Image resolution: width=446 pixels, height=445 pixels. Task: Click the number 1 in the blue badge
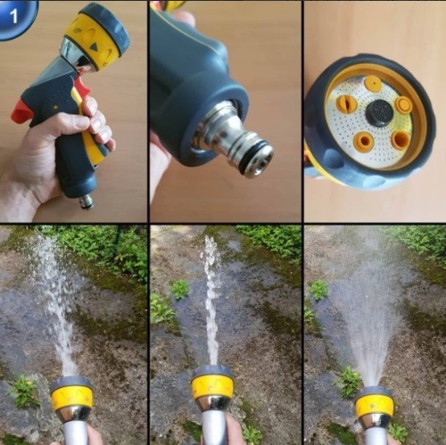tap(14, 16)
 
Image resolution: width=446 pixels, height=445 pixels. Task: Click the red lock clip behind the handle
tap(21, 111)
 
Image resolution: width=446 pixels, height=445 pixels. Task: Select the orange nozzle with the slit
tap(347, 103)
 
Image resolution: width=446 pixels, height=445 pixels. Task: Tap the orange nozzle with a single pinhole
tap(374, 83)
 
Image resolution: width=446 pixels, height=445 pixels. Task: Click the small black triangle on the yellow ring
tap(95, 47)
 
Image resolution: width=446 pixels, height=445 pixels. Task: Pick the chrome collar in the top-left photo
tap(78, 56)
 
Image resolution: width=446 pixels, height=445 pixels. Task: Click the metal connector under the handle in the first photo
tap(87, 202)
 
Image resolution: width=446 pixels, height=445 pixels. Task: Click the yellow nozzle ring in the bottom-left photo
tap(71, 398)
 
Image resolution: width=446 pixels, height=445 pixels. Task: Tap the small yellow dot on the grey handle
tap(55, 107)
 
